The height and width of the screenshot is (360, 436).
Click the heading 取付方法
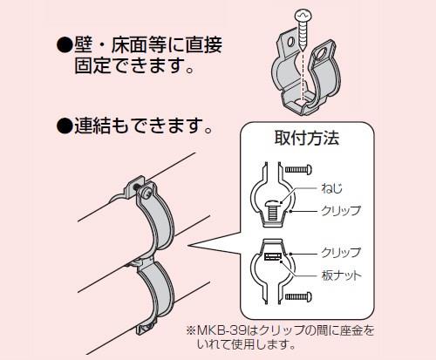pyautogui.click(x=307, y=138)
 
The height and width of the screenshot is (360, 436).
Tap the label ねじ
pyautogui.click(x=331, y=188)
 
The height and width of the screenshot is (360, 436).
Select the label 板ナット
pyautogui.click(x=341, y=275)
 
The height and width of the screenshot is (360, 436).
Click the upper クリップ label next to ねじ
pyautogui.click(x=341, y=210)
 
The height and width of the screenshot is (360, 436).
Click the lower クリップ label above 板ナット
pyautogui.click(x=341, y=252)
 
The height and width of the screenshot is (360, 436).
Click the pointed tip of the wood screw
pyautogui.click(x=303, y=50)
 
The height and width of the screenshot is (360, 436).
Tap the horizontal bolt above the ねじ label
pyautogui.click(x=298, y=169)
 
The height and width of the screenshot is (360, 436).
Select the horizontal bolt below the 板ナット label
pyautogui.click(x=298, y=296)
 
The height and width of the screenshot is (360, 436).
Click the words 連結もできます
pyautogui.click(x=139, y=126)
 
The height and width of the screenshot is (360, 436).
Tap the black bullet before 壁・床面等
pyautogui.click(x=65, y=46)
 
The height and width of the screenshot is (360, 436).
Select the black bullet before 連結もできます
pyautogui.click(x=65, y=126)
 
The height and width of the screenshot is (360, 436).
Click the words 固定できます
pyautogui.click(x=129, y=66)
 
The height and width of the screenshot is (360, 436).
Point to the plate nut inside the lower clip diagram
pyautogui.click(x=273, y=256)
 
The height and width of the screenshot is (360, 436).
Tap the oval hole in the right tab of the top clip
pyautogui.click(x=322, y=53)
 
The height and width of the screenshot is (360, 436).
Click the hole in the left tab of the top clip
pyautogui.click(x=291, y=42)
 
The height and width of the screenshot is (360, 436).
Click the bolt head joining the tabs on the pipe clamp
pyautogui.click(x=146, y=192)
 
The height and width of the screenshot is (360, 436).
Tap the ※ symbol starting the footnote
pyautogui.click(x=191, y=330)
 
